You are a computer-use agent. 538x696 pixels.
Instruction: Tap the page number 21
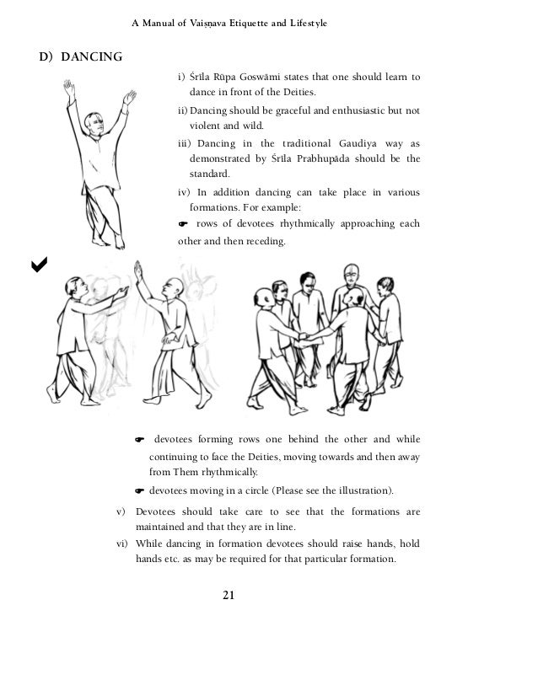(x=228, y=596)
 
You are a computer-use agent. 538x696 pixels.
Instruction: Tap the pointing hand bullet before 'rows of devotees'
(x=183, y=223)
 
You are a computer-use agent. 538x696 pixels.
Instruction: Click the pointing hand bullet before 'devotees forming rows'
(x=141, y=439)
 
